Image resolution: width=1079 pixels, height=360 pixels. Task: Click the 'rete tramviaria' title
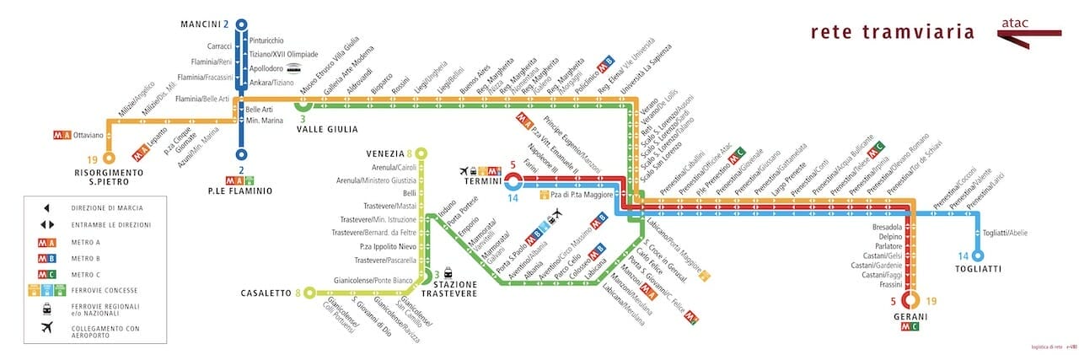tap(892, 33)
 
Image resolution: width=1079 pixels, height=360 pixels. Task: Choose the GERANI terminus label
tap(910, 316)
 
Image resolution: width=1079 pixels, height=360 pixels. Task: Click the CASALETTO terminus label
tap(265, 293)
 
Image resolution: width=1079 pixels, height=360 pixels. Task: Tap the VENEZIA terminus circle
tap(421, 153)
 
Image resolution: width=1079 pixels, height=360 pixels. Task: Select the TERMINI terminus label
tap(478, 180)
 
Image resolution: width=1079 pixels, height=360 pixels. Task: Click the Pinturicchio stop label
tap(266, 40)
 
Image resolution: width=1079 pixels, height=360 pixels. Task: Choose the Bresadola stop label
tap(887, 227)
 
